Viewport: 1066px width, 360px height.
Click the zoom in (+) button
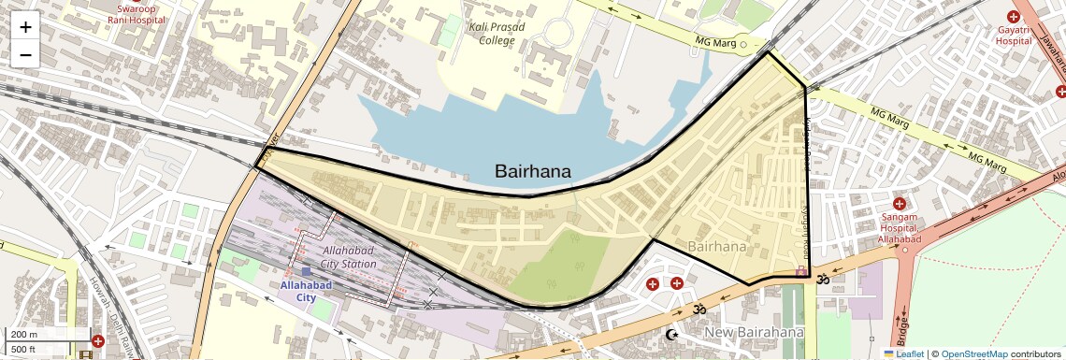(25, 26)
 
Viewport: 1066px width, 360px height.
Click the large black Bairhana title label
(533, 171)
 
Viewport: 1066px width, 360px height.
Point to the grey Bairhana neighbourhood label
(717, 247)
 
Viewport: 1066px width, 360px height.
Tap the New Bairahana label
(754, 333)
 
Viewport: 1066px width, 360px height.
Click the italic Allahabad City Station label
(349, 257)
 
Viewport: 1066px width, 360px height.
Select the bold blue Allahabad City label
(299, 291)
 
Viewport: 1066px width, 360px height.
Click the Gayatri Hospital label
(1013, 36)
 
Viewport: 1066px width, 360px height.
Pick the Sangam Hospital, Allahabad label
(899, 228)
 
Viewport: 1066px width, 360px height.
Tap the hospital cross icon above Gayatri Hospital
(1013, 16)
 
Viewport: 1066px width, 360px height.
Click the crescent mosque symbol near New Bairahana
(670, 334)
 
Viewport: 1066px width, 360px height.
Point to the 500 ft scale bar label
(23, 350)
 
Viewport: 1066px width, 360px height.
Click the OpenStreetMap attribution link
(973, 353)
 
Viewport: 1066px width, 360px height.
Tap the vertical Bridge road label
(901, 328)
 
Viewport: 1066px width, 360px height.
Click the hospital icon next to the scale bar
(98, 340)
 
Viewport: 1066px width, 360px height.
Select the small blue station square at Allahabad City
(305, 271)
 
